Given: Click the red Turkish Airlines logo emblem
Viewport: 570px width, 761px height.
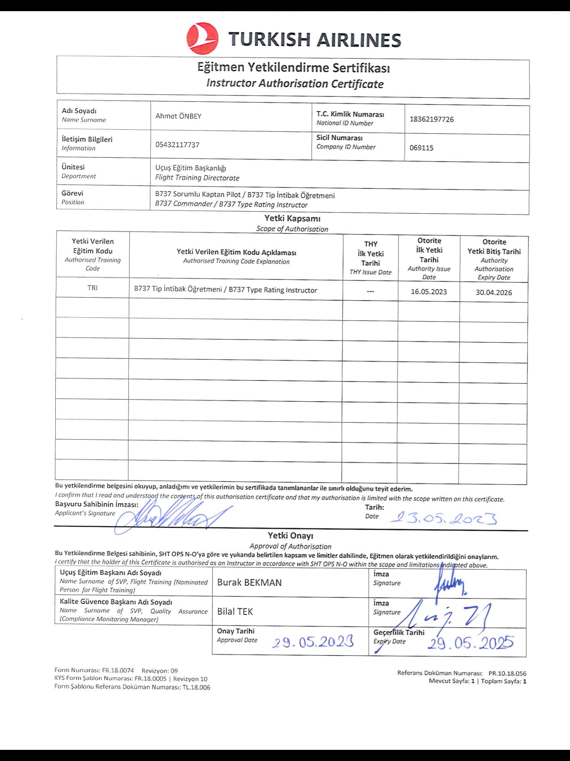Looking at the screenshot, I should (x=202, y=39).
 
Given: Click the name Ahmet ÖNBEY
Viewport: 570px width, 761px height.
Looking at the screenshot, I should (x=178, y=116).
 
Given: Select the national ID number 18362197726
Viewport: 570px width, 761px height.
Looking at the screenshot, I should (x=432, y=119).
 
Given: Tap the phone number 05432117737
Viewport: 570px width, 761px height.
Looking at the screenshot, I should (x=177, y=145).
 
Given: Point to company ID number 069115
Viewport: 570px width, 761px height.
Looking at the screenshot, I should (x=421, y=148).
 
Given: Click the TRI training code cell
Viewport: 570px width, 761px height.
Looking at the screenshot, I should (x=92, y=288).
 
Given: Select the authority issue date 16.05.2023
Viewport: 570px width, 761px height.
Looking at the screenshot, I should (x=429, y=292).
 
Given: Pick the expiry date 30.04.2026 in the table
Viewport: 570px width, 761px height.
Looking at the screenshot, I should (x=494, y=292).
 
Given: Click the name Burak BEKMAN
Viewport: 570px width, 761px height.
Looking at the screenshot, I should (x=249, y=583).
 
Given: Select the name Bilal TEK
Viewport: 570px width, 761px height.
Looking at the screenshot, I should (x=235, y=612).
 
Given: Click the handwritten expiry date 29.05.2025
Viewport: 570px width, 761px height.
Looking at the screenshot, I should (x=471, y=642).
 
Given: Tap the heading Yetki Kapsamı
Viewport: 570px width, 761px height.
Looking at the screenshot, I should (x=292, y=218).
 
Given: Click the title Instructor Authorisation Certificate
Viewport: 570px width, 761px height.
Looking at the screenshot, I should (x=295, y=84).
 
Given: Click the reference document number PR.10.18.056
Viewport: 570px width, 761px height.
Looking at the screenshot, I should (x=507, y=673).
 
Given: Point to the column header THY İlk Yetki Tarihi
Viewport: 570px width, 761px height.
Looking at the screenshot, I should (x=370, y=253).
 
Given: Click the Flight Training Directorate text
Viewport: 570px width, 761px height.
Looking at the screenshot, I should (x=197, y=178).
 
